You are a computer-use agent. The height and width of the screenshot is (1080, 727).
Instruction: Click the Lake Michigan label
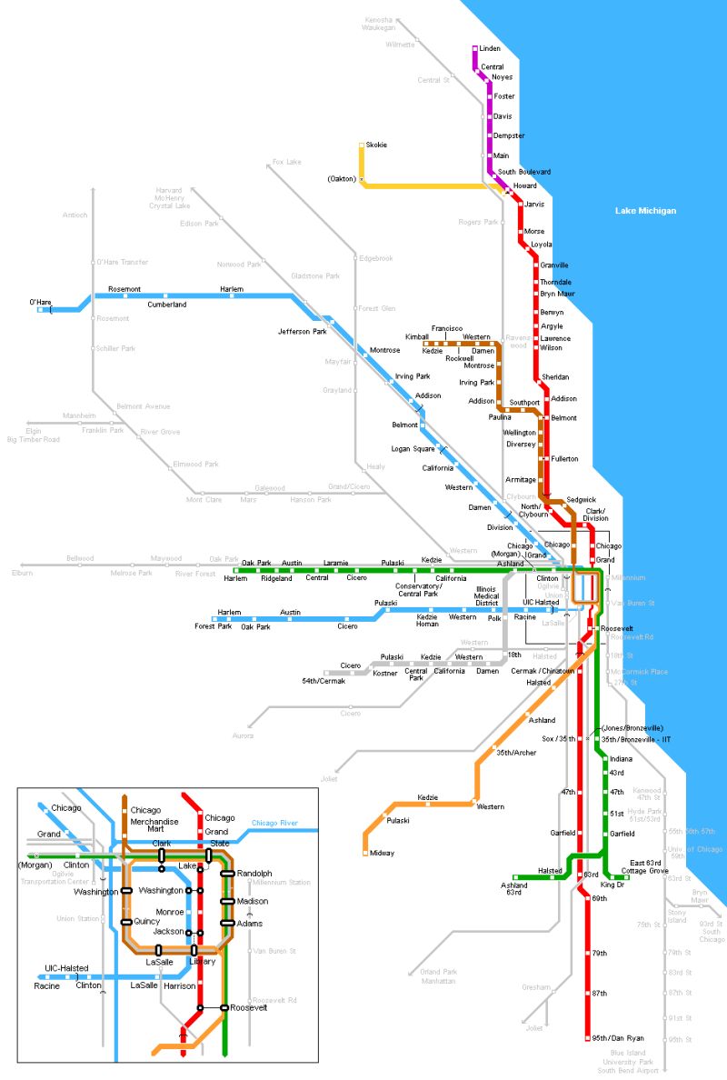pos(645,211)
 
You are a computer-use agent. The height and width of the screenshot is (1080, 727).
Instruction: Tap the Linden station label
pos(490,48)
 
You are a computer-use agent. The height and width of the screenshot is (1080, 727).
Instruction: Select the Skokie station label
pos(376,145)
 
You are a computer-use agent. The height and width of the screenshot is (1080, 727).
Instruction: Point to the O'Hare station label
pos(41,301)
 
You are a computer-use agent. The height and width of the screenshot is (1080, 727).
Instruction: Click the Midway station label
pos(382,853)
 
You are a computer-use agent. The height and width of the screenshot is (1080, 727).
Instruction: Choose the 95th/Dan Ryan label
pos(611,1037)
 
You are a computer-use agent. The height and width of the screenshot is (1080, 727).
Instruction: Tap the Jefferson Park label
pos(302,332)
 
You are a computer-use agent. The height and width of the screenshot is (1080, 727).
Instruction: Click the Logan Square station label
pos(413,449)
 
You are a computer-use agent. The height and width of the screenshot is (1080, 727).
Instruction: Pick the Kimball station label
pos(416,336)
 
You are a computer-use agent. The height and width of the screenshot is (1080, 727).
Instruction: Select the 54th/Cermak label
pos(324,681)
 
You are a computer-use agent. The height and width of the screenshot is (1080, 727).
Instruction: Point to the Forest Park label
pos(213,626)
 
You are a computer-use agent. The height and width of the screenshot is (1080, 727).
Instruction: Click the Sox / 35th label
pos(559,739)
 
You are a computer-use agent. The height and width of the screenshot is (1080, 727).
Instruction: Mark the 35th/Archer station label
pos(516,753)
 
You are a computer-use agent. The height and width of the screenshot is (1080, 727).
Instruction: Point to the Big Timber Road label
pos(34,440)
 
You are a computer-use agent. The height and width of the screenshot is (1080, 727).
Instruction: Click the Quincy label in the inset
pos(146,921)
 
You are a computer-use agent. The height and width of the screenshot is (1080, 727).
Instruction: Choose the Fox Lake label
pos(286,162)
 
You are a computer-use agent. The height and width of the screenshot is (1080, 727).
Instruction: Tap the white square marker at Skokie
pos(362,145)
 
